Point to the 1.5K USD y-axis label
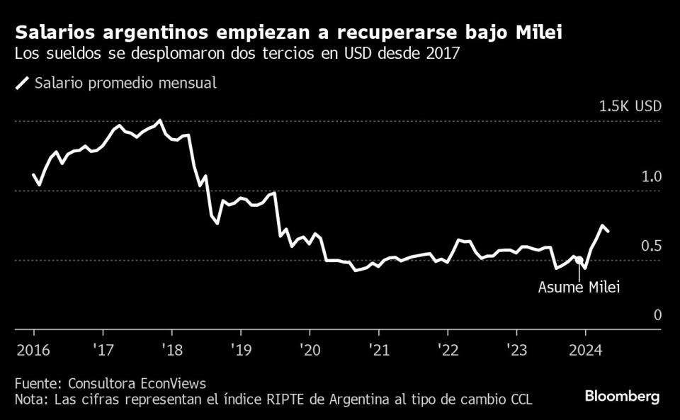tap(630, 107)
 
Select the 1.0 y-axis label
tap(652, 176)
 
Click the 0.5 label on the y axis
tap(652, 246)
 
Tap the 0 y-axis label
tap(657, 315)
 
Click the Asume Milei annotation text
tap(579, 288)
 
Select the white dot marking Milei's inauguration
tap(579, 261)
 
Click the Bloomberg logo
tap(622, 397)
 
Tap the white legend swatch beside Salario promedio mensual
tap(23, 84)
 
